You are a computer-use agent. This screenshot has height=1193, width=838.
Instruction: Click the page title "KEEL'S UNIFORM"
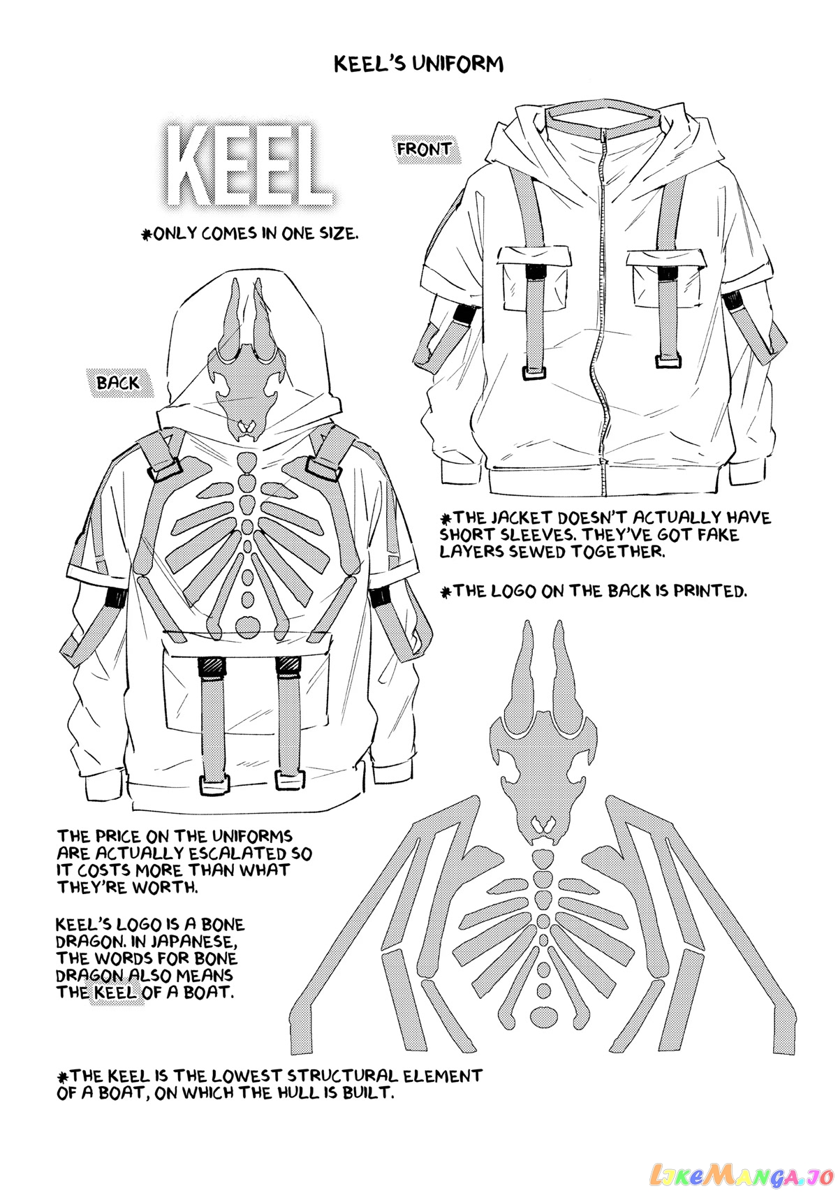418,64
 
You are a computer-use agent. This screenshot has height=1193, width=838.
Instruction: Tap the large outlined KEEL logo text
249,166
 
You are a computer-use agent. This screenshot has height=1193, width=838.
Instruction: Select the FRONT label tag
425,149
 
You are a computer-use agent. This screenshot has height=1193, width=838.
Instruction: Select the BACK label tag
117,382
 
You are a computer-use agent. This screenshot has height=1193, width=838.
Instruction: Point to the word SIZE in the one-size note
337,234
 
